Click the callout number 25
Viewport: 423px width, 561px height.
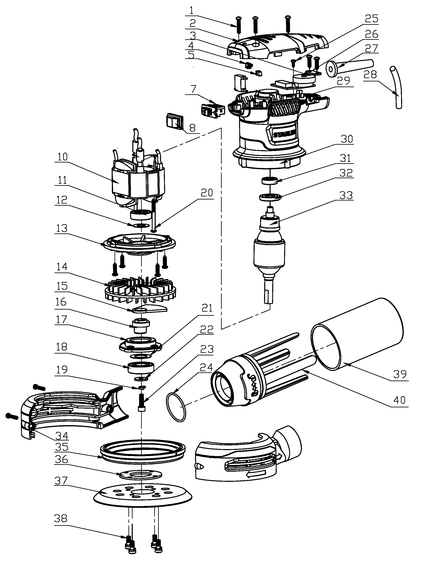tap(371, 19)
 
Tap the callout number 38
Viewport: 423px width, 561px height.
tap(60, 519)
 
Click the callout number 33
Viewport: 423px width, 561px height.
tap(346, 196)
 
